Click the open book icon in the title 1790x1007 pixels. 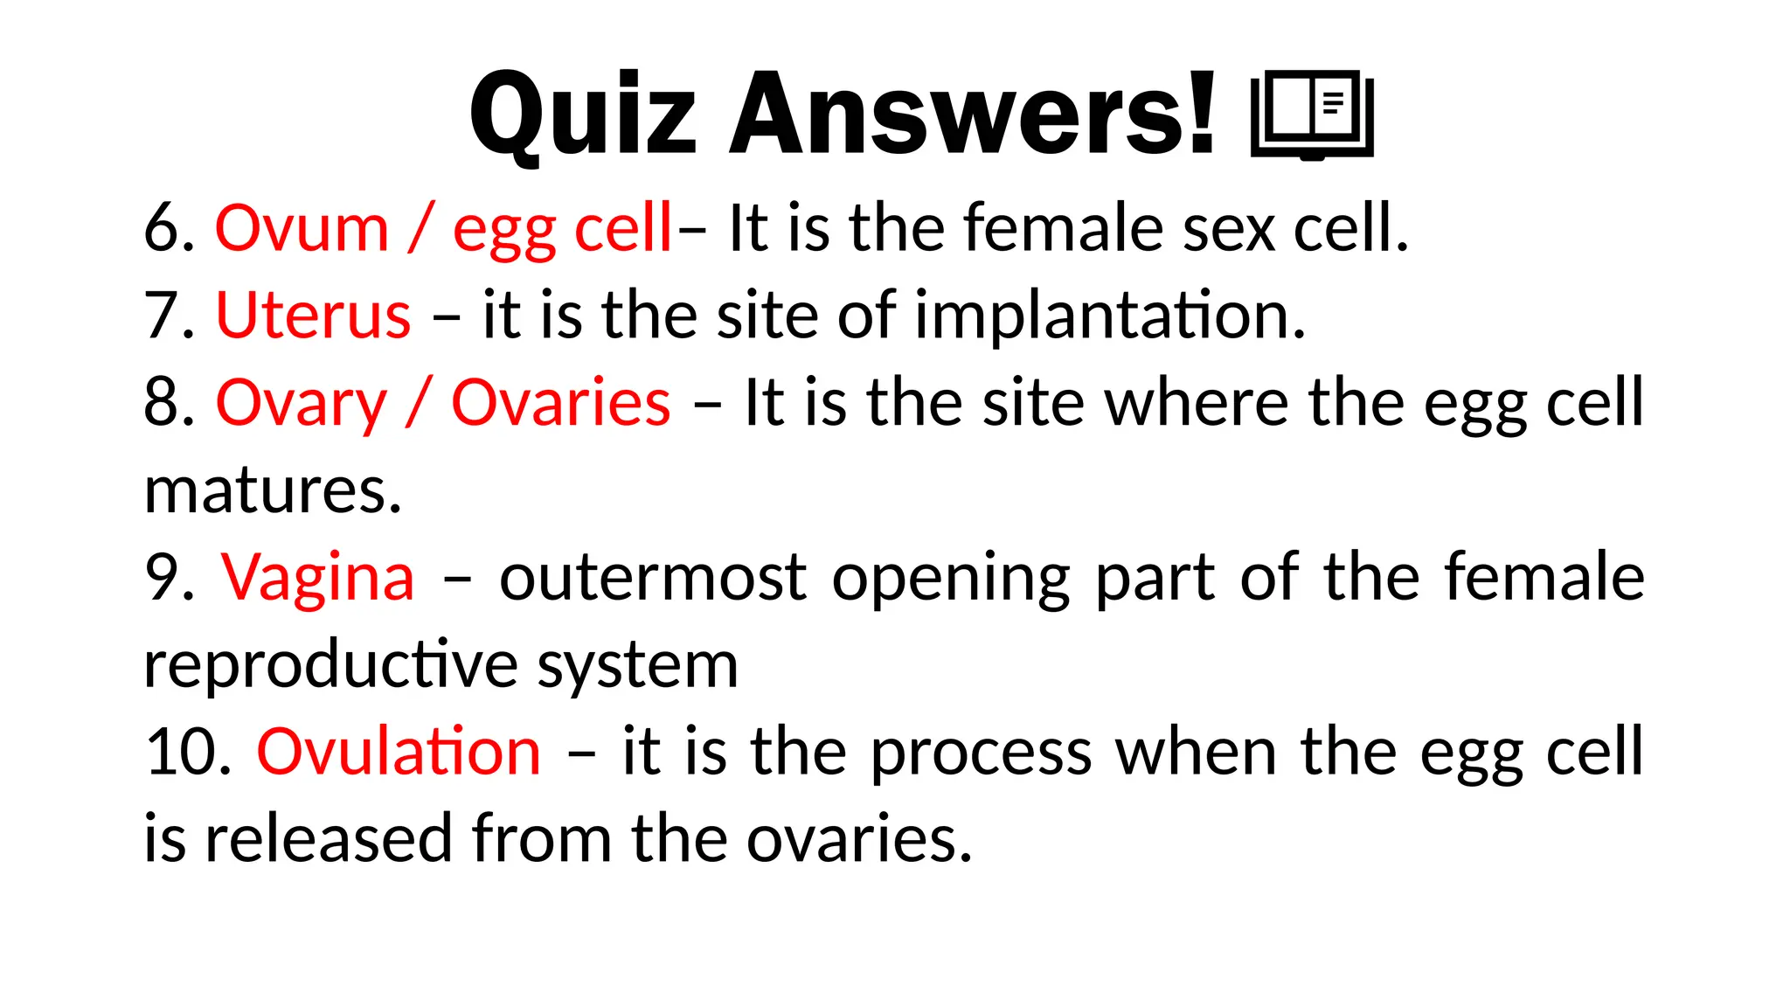1312,115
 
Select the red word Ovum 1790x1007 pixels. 302,229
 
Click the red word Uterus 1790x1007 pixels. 313,316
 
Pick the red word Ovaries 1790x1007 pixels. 560,404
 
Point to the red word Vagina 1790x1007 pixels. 318,579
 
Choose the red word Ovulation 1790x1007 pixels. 399,753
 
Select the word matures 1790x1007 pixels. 272,491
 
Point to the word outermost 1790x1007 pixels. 652,579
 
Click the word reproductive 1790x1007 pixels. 331,666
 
